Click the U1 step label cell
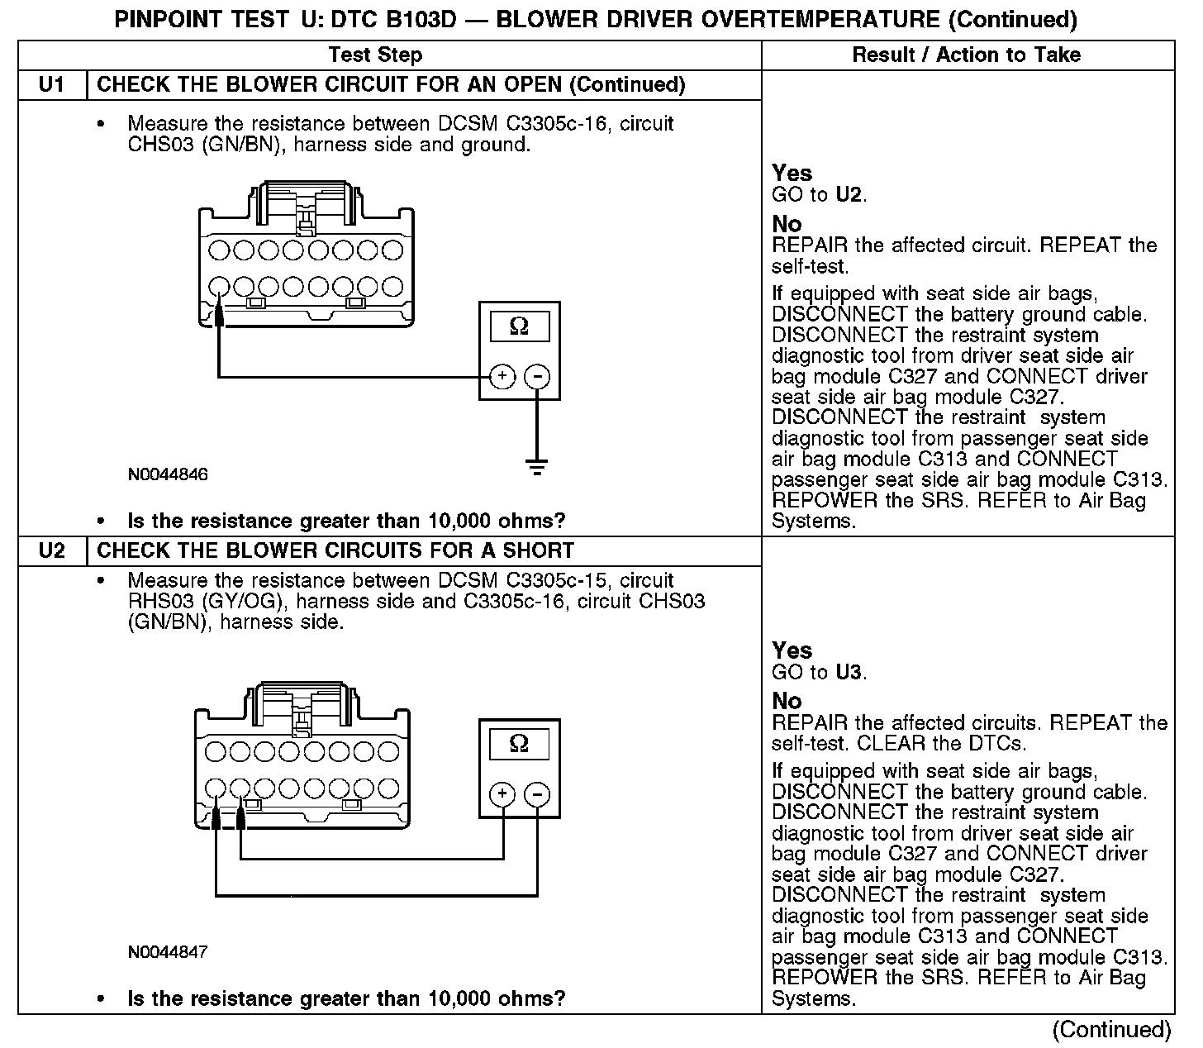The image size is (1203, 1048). point(51,85)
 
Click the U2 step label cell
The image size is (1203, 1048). point(51,551)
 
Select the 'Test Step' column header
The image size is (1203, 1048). point(375,55)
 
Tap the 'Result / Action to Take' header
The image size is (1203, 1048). point(966,55)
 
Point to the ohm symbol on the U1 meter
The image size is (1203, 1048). point(519,326)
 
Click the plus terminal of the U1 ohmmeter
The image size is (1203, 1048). point(502,377)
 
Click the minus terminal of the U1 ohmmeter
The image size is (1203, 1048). point(537,377)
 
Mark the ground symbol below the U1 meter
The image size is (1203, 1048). point(537,468)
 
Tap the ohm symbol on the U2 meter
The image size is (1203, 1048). point(519,744)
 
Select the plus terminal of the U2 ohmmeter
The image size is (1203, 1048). point(502,795)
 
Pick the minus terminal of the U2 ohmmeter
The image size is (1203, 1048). point(537,795)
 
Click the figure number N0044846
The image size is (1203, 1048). point(168,475)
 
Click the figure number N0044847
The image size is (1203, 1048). point(168,952)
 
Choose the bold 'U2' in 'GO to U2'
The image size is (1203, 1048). point(849,195)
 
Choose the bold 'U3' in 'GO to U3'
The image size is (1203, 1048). point(849,672)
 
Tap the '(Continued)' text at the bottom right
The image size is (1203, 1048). point(1111,1030)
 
